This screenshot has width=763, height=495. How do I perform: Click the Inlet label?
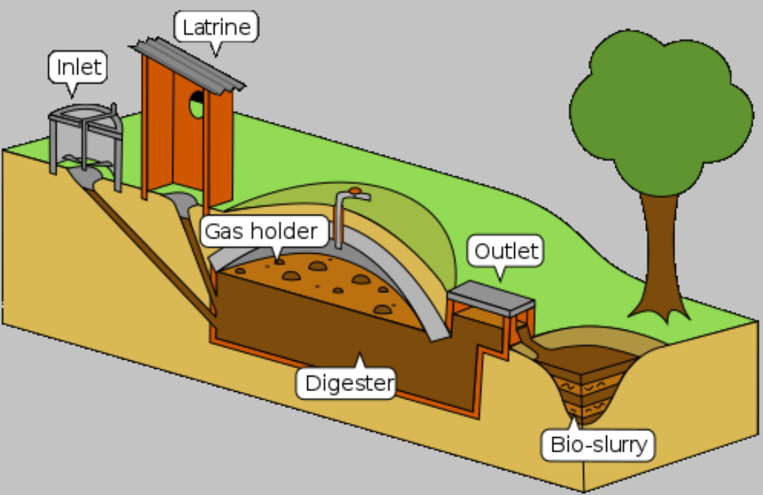coord(79,68)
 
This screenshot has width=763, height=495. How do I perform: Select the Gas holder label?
coord(264,231)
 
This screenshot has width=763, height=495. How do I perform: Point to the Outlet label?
coord(507,251)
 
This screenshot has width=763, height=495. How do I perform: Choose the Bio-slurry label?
coord(599,444)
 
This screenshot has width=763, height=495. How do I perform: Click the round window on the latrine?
coord(197,103)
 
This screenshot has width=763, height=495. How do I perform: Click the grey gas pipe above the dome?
coord(339,220)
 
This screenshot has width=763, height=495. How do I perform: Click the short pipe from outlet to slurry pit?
coord(533,343)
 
